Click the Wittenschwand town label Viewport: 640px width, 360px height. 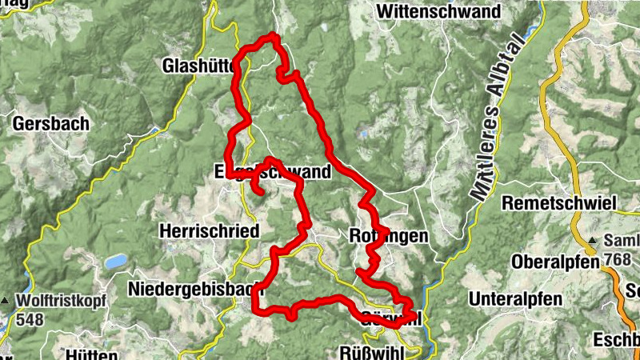pyautogui.click(x=438, y=12)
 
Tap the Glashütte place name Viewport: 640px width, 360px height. pyautogui.click(x=197, y=65)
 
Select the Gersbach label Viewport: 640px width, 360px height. pyautogui.click(x=51, y=124)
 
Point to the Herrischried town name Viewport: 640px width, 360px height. pyautogui.click(x=210, y=231)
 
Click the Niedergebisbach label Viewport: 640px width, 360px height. pyautogui.click(x=185, y=288)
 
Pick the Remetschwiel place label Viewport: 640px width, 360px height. pyautogui.click(x=559, y=204)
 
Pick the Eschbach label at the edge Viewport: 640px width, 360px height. pyautogui.click(x=616, y=338)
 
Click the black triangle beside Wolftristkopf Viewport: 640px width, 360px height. pyautogui.click(x=6, y=302)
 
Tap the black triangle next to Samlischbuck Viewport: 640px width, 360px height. pyautogui.click(x=593, y=241)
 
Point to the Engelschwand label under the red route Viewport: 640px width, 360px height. pyautogui.click(x=273, y=174)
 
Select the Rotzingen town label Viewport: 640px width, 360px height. pyautogui.click(x=389, y=236)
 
